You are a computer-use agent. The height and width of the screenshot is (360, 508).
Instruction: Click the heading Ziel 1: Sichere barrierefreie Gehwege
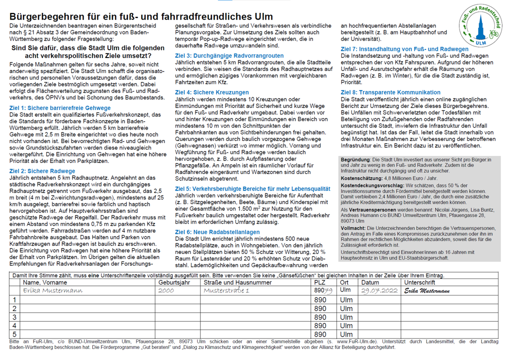60,108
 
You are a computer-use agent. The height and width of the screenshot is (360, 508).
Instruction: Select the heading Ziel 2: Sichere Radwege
42,170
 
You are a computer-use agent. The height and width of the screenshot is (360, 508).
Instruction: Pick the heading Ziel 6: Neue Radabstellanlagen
217,232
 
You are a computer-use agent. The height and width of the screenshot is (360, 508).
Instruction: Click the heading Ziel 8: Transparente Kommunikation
391,92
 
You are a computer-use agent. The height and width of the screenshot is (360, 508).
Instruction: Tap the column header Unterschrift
421,282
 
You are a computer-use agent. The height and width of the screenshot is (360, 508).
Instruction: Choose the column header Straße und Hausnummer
237,282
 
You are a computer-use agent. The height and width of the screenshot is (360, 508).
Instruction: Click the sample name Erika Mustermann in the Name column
52,290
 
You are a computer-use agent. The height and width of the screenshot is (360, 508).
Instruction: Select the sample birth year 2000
165,290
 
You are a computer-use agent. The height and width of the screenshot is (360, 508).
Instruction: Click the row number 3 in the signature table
14,317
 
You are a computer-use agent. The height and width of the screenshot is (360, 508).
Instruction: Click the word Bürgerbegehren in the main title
44,16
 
